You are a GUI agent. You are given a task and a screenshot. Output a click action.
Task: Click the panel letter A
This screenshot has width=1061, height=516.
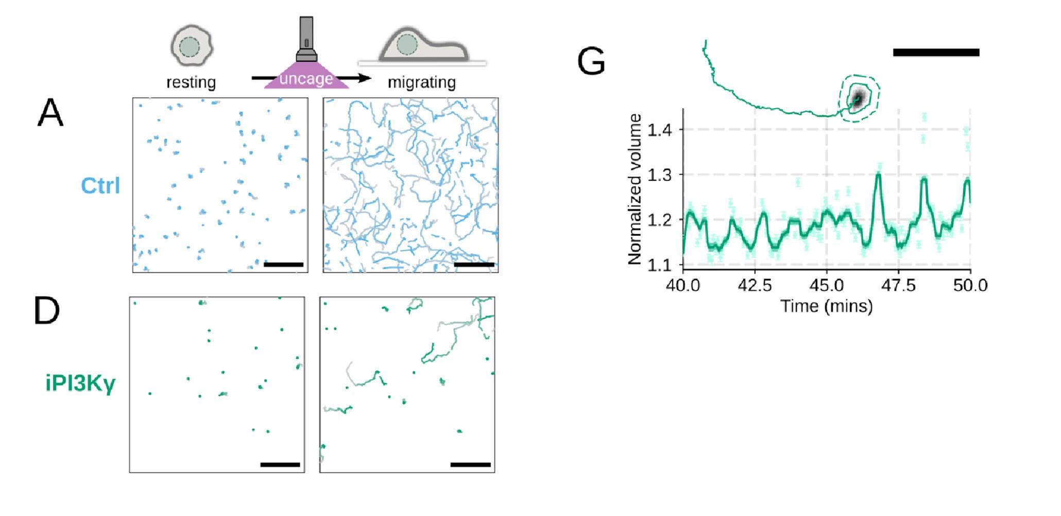coord(50,113)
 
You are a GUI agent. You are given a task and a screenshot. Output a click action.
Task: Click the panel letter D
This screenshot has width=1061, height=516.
coord(47,311)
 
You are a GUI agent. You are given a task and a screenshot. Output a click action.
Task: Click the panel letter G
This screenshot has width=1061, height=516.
coord(591,62)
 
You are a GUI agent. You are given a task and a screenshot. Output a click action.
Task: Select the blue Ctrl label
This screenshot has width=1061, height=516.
coord(100,186)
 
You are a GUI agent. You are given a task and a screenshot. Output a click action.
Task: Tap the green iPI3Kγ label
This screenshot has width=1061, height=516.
coord(81,383)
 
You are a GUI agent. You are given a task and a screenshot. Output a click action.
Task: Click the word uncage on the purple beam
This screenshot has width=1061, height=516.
coord(306,79)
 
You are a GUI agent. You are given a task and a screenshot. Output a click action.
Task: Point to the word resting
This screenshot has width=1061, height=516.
coord(191,82)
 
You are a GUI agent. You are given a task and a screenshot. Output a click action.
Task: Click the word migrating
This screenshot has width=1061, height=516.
coord(421,82)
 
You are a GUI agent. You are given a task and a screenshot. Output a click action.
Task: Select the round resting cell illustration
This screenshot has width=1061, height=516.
coord(191,46)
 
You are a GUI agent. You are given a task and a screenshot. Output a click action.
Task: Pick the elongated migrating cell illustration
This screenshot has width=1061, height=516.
coord(423,46)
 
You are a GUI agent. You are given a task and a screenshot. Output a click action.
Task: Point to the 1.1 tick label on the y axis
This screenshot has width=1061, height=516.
coord(660,265)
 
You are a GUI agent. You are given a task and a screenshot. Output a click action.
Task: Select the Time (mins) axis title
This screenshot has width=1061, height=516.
coord(827,306)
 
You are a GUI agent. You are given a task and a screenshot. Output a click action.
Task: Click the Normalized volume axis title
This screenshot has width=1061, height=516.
coord(635,190)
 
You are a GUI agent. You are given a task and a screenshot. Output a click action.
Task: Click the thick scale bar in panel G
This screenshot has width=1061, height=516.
coord(936,53)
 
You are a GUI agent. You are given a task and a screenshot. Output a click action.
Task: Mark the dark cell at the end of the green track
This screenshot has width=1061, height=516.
coord(858,99)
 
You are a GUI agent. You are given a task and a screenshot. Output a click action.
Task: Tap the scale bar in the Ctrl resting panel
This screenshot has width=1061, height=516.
coord(283,265)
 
